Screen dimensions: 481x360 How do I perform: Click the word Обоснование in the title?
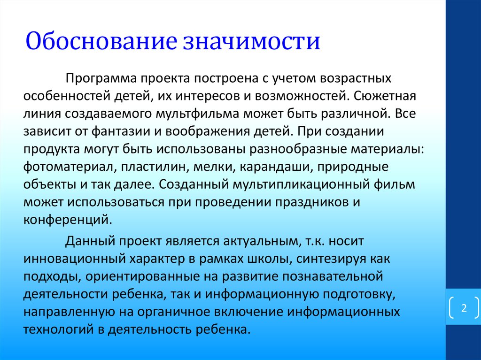tap(101, 41)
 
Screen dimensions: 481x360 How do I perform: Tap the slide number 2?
tap(464, 307)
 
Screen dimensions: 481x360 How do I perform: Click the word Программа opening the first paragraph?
tap(101, 79)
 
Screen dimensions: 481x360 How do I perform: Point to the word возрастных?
tap(356, 79)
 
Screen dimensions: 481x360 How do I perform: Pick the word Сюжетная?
tap(385, 96)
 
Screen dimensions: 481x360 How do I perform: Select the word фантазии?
tap(121, 131)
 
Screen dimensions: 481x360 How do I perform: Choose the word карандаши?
tap(275, 167)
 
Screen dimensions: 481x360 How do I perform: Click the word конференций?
tap(68, 220)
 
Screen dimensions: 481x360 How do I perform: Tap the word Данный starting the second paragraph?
tap(90, 241)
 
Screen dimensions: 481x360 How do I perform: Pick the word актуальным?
tap(261, 241)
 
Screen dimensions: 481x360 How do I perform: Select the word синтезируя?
tap(331, 259)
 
